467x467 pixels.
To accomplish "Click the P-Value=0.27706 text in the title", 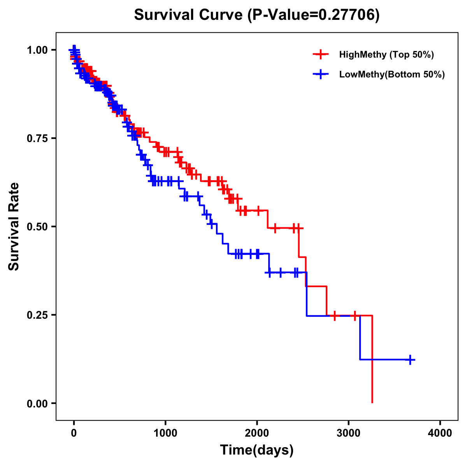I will point(313,15).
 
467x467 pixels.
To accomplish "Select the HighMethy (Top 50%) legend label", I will point(386,54).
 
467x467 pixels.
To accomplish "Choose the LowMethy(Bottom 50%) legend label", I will point(392,74).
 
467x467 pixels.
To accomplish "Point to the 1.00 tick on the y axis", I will point(38,50).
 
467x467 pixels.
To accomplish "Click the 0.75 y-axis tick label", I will point(38,138).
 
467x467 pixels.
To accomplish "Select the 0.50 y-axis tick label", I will point(38,226).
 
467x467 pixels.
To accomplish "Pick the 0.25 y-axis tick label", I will point(38,315).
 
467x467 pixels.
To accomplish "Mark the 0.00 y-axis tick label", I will point(38,403).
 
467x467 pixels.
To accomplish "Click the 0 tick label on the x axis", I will point(74,433).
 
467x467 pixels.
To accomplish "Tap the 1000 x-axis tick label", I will point(165,433).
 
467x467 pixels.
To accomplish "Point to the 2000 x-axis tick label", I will point(257,433).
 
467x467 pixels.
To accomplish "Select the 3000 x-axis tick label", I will point(349,433).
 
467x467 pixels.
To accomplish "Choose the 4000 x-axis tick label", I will point(440,433).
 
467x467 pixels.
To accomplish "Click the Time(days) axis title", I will point(257,450).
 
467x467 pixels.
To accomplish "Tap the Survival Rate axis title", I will point(14,226).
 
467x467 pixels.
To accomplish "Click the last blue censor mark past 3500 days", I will point(410,360).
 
